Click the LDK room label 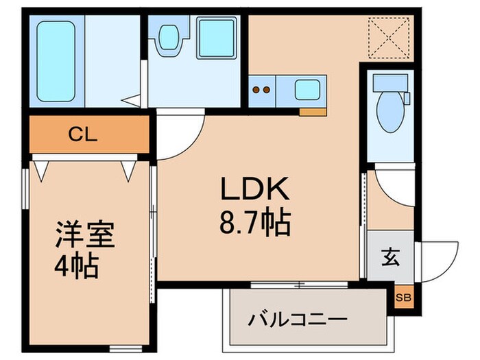(255, 189)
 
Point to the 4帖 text (77, 265)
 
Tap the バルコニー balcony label (298, 319)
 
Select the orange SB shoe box (403, 297)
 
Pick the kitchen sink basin (307, 91)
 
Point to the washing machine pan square (217, 38)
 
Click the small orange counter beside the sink (312, 110)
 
